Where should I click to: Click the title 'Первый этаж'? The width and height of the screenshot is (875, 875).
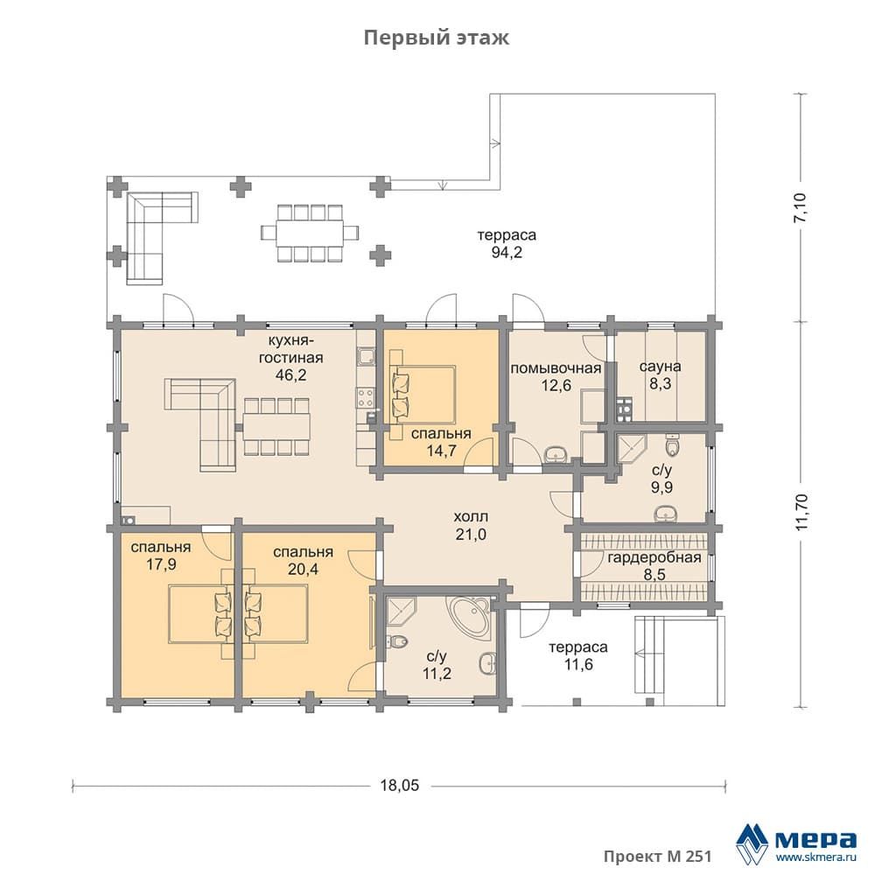click(437, 38)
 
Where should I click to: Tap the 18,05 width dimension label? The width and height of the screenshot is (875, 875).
click(400, 785)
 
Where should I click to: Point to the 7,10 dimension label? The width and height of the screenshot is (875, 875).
click(801, 207)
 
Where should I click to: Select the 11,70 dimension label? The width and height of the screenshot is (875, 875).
click(801, 512)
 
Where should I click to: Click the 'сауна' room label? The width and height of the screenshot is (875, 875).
click(660, 367)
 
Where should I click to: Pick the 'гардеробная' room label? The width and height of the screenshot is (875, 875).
click(654, 557)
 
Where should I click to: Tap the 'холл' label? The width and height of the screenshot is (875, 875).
click(471, 517)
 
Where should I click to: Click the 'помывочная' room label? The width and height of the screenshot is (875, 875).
click(556, 368)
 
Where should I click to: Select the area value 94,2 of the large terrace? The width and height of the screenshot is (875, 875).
click(507, 252)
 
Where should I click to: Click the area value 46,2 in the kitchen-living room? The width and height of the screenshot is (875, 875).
click(290, 375)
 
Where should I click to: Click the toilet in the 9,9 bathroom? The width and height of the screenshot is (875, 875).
click(674, 446)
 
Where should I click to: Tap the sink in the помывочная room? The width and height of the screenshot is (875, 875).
click(556, 455)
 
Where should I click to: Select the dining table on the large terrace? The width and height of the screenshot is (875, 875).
click(310, 233)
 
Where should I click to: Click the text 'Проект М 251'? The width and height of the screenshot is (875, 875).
click(657, 856)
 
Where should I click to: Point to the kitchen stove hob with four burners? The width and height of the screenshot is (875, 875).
click(366, 396)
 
